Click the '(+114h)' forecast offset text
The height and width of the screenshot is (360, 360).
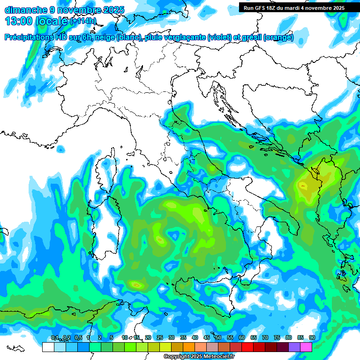pyautogui.click(x=83, y=21)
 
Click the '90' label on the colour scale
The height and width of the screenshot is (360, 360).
pyautogui.click(x=312, y=338)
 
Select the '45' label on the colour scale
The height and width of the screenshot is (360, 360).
pyautogui.click(x=207, y=338)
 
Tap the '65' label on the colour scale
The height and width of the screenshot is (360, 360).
pyautogui.click(x=254, y=338)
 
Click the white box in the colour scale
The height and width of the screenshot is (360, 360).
pyautogui.click(x=48, y=347)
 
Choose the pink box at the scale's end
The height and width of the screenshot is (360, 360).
pyautogui.click(x=306, y=347)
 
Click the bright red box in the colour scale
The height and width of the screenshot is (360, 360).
pyautogui.click(x=247, y=347)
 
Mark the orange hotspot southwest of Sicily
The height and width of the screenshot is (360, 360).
pyautogui.click(x=136, y=284)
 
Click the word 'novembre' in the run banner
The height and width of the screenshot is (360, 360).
pyautogui.click(x=318, y=7)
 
